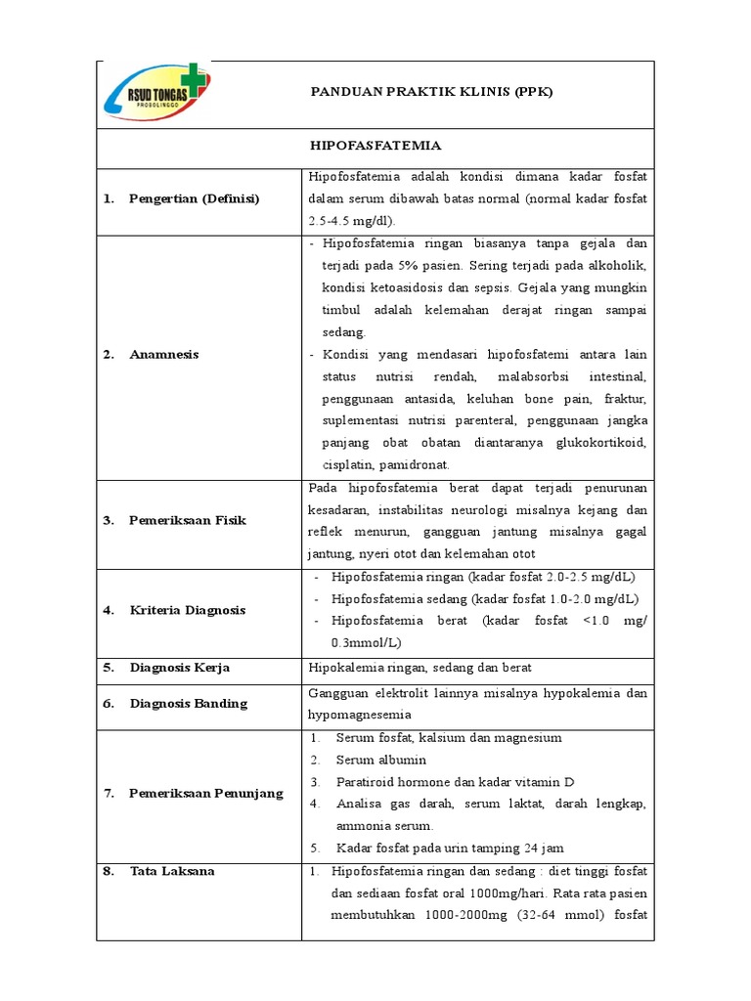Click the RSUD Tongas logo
[156, 94]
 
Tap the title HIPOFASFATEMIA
[375, 146]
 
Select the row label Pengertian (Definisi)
[194, 198]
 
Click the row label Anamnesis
[164, 354]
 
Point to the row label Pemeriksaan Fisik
[187, 520]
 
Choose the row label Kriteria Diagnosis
[187, 610]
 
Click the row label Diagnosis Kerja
[179, 668]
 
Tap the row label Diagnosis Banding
[188, 703]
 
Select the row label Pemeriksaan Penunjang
[205, 793]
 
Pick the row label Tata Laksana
[171, 870]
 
